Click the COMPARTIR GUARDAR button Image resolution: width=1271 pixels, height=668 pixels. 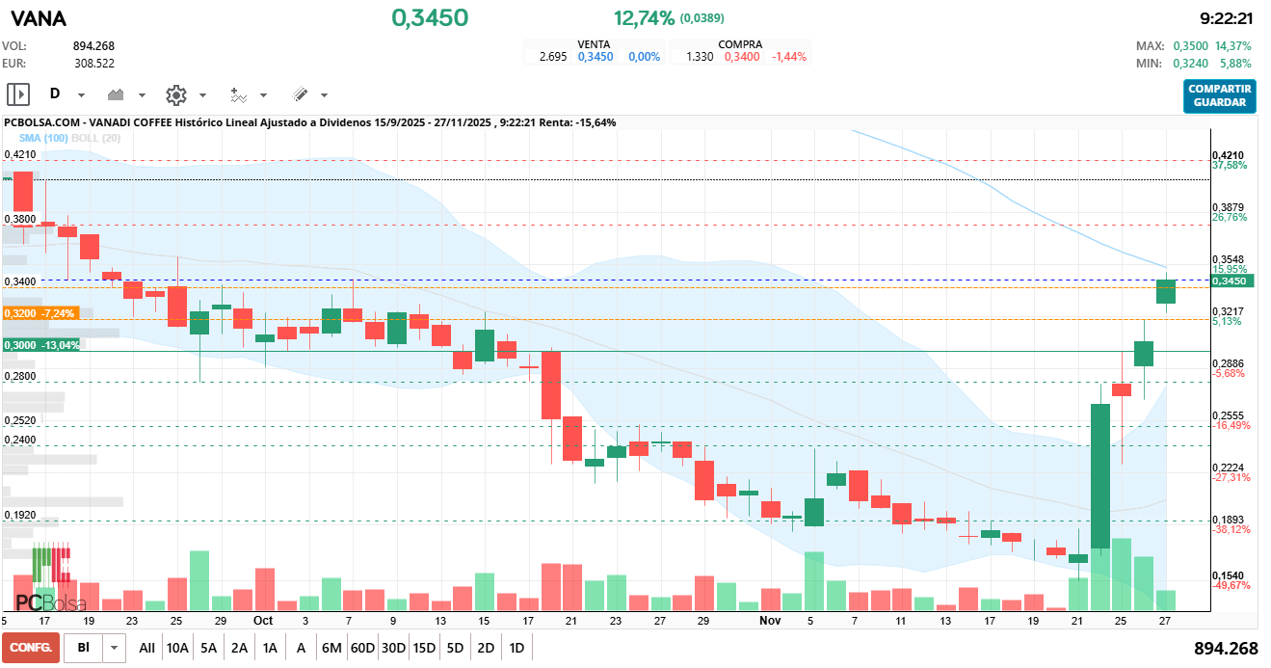1220,96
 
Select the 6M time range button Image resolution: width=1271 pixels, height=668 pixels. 331,648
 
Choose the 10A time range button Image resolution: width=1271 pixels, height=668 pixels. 177,648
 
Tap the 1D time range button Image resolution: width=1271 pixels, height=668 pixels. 516,648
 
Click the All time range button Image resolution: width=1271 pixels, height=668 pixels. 146,648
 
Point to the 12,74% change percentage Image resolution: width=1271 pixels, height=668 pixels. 644,17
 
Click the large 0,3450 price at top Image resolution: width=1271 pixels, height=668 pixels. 430,17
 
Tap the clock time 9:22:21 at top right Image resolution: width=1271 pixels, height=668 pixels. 1226,18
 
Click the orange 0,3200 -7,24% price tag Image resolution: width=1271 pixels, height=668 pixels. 40,313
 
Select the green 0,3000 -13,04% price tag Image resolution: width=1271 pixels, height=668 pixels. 41,345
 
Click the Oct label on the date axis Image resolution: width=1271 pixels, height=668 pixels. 262,621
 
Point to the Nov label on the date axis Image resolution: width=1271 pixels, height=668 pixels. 769,621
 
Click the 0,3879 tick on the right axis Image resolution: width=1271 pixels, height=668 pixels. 1228,208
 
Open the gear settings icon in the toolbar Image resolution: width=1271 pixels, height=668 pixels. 175,94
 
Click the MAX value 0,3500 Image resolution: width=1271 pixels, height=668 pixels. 1190,45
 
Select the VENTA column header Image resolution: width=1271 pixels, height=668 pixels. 594,44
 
